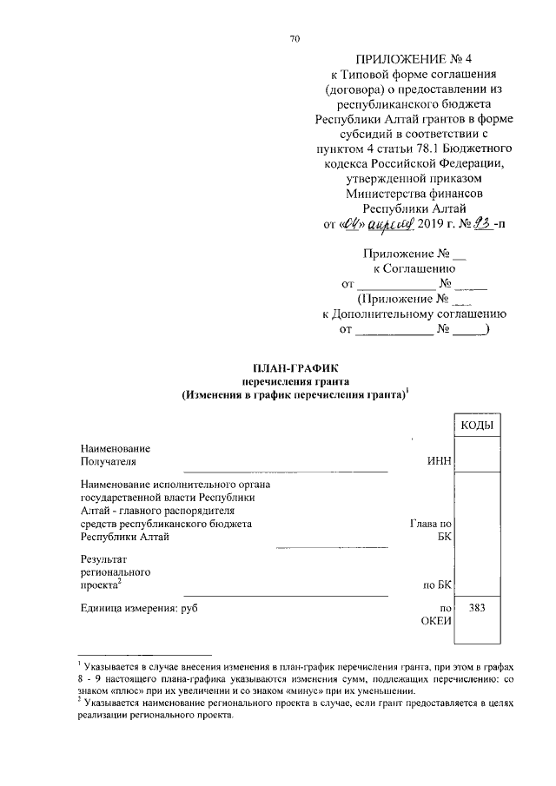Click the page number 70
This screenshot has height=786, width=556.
[295, 38]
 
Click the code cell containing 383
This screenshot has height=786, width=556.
[477, 608]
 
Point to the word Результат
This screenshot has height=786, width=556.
[103, 560]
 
